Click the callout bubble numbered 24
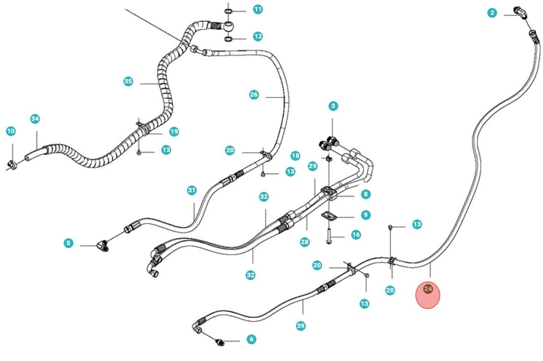428,289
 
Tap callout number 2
492,13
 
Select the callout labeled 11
258,9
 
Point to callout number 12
258,36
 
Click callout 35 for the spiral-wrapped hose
128,81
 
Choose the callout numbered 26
253,95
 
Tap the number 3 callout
333,106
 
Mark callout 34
35,119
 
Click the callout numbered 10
11,131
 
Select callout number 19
174,132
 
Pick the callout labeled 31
192,190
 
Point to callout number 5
68,243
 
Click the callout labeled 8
365,194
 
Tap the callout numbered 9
365,215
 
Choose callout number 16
356,235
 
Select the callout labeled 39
301,326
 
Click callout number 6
252,339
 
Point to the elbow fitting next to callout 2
520,12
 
